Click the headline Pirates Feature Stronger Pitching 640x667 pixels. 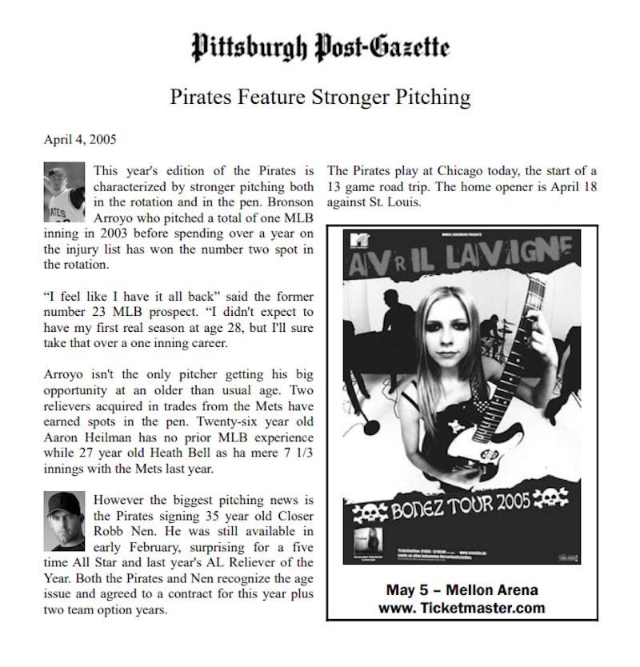tap(320, 98)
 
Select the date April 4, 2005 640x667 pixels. tap(80, 139)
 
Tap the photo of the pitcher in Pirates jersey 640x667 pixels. tap(64, 192)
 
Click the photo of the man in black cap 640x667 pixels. tap(64, 521)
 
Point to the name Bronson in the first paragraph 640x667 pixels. tap(290, 201)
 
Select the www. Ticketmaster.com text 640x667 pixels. tap(462, 608)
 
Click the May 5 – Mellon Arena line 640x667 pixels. tap(462, 591)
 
